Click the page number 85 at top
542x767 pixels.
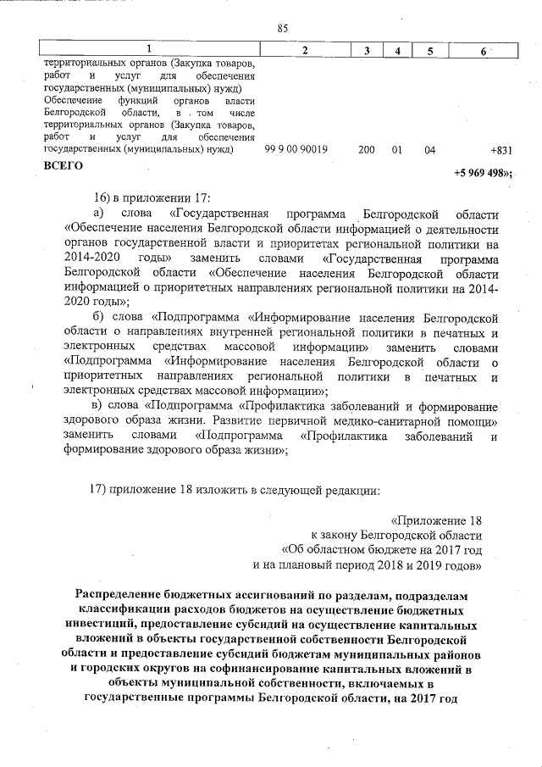282,28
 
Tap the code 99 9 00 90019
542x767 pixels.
296,149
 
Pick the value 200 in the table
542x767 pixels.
366,149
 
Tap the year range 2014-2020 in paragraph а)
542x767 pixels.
89,256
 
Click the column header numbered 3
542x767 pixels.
366,51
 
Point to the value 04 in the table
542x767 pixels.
429,149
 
